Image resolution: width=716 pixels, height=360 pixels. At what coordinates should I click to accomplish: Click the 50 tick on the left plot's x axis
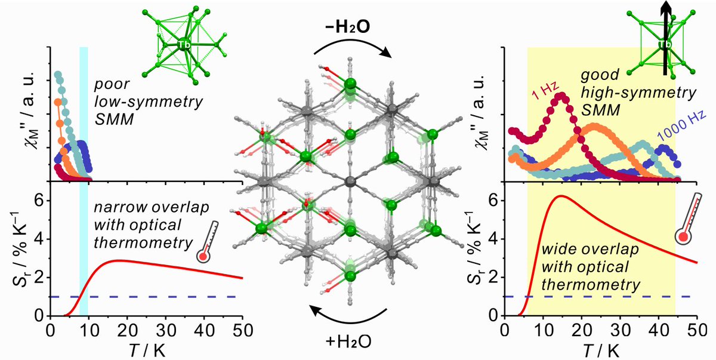[x=241, y=329]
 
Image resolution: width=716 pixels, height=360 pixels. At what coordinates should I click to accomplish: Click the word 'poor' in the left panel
[x=109, y=74]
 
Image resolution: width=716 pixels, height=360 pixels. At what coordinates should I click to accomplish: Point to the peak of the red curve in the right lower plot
[x=560, y=196]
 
